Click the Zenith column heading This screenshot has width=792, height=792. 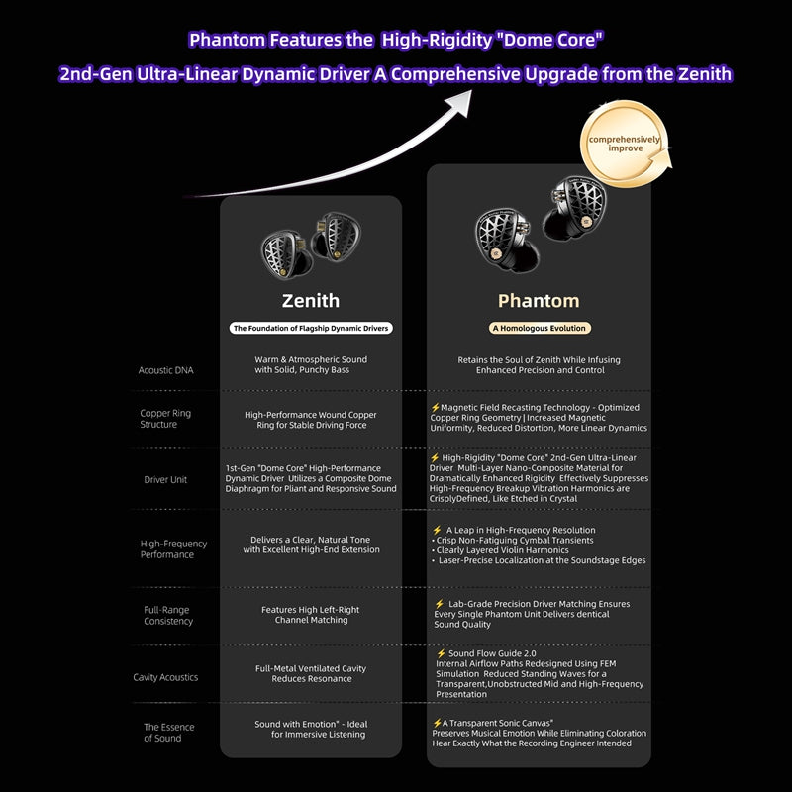310,300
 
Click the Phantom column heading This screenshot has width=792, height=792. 539,300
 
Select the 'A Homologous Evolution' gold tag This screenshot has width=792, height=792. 539,328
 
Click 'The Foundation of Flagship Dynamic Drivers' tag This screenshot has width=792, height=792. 311,328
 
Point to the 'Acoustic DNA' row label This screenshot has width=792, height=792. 166,370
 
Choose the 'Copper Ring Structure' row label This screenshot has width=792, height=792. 165,419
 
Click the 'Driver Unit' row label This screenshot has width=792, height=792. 165,479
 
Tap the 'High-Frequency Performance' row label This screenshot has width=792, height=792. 173,549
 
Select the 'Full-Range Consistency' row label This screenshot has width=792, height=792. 166,616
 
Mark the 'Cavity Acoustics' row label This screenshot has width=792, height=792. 165,677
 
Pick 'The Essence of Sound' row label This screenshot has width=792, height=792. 168,733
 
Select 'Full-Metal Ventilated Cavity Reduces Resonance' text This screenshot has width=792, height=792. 310,673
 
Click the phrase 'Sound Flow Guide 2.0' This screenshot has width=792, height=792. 492,653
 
